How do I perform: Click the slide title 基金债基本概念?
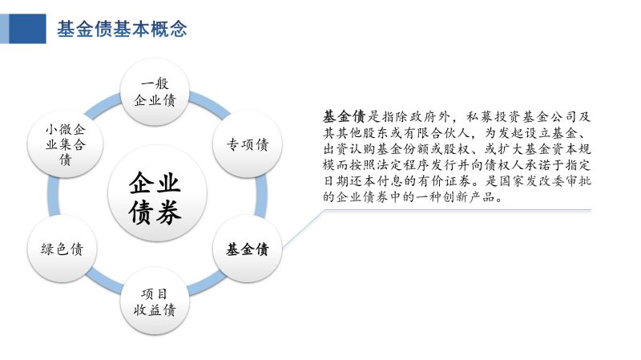click(x=122, y=29)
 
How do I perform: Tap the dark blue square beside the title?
click(x=27, y=29)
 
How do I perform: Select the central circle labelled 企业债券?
click(x=157, y=193)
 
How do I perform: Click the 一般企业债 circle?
click(x=155, y=92)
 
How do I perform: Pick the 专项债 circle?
click(x=248, y=144)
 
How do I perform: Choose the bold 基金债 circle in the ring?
click(x=248, y=249)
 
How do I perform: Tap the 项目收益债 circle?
click(x=155, y=301)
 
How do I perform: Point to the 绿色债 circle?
click(x=62, y=249)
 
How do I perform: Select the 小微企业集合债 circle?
click(x=65, y=144)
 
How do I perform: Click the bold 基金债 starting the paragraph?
click(x=344, y=116)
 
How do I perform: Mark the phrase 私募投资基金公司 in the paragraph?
click(x=521, y=116)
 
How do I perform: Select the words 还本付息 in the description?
click(x=363, y=181)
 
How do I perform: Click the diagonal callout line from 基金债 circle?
click(x=304, y=229)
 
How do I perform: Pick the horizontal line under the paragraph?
click(x=458, y=210)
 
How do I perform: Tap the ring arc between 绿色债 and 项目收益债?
click(x=103, y=281)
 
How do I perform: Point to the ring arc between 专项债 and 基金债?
click(x=261, y=196)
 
